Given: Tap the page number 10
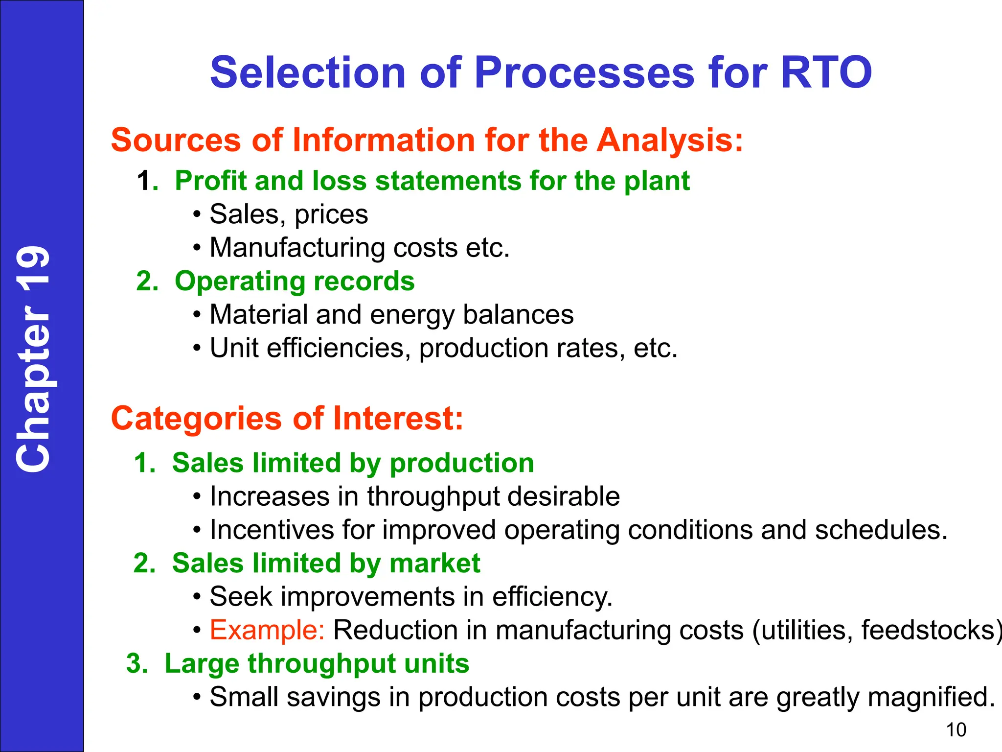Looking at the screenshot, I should pos(956,730).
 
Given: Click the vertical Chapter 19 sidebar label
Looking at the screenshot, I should pos(33,359).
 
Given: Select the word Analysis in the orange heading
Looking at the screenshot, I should pos(669,140).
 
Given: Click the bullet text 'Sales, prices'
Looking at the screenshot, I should pos(289,214).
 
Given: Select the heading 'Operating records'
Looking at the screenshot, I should pos(295,281).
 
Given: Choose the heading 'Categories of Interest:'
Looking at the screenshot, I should pos(287,419).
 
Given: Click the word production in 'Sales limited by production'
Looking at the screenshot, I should pos(461,463).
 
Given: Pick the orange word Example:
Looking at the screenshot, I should pos(267,630).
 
